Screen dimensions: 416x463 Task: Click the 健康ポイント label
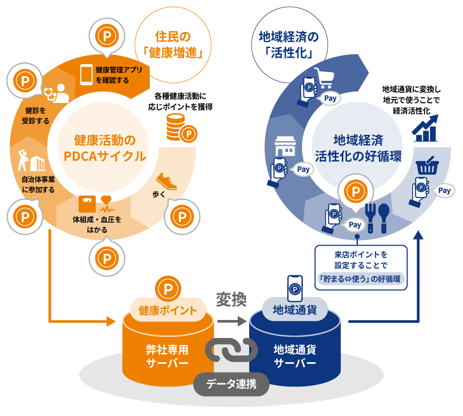[x=167, y=310]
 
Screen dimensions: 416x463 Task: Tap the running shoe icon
[x=166, y=181]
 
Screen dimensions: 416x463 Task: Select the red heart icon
[x=106, y=200]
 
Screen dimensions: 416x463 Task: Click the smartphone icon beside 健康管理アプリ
[x=87, y=75]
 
